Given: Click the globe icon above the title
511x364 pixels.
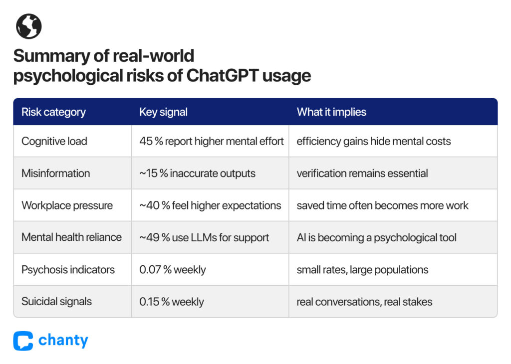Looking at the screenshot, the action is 28,26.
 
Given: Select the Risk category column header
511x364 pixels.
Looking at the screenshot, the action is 53,112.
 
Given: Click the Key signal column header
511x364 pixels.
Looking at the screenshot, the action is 163,112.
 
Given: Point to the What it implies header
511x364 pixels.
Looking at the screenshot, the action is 331,112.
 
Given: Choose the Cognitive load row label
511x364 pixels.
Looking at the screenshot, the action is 54,141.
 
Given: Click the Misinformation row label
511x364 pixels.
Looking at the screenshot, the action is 56,173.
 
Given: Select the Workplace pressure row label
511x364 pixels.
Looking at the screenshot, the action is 67,205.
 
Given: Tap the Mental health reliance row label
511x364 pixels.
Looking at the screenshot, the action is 71,237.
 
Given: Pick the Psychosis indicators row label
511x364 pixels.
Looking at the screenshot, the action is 68,270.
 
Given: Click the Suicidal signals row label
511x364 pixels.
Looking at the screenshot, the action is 56,302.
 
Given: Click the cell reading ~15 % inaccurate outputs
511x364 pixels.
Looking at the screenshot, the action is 198,173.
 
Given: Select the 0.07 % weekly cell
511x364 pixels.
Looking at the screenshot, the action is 172,270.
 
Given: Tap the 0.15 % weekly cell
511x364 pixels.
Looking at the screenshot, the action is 172,302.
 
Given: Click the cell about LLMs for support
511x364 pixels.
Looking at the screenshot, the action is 204,237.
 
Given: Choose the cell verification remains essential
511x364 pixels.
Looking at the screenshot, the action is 362,173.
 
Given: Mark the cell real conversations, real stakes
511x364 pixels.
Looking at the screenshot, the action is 364,302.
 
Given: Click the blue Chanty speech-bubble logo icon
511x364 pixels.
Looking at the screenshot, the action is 23,341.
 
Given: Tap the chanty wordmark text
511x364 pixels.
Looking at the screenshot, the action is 63,341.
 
